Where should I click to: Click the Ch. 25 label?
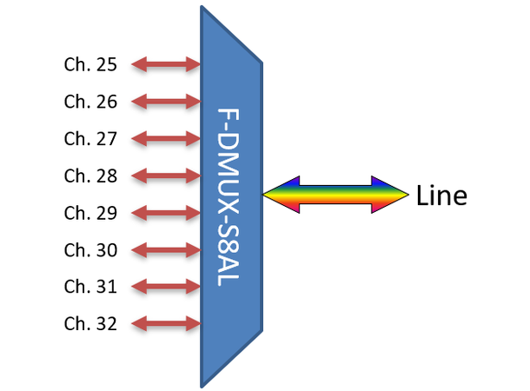90,64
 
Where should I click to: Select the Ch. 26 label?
90,102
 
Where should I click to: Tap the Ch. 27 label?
90,139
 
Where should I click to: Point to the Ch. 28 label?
90,176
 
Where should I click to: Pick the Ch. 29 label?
90,213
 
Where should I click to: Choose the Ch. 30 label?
90,250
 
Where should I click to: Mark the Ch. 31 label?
90,287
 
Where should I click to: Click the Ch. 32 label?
90,324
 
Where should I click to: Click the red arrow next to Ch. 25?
166,64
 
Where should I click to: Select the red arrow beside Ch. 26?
166,102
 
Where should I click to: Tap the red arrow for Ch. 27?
166,139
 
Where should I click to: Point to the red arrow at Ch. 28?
166,176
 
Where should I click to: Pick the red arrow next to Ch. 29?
166,213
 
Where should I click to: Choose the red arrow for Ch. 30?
166,250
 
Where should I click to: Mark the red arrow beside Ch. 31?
166,287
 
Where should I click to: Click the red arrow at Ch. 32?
166,324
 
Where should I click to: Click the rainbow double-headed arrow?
335,195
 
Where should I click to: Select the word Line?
441,195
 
